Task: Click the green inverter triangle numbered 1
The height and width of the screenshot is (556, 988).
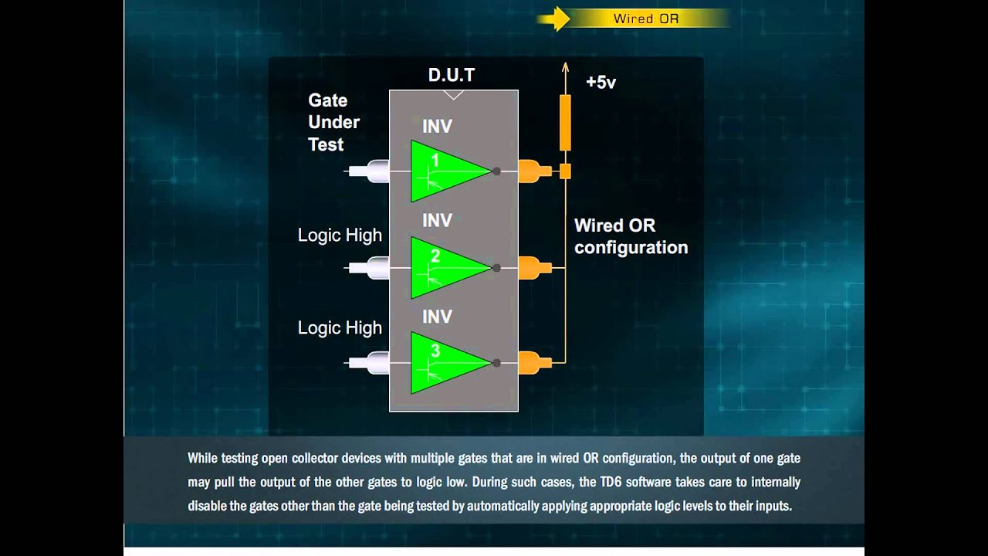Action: point(446,171)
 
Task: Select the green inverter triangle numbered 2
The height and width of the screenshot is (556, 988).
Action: point(446,267)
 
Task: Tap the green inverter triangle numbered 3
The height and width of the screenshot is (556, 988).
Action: point(446,362)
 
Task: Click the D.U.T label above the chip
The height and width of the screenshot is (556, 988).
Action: point(452,75)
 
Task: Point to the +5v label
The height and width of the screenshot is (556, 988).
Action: point(601,82)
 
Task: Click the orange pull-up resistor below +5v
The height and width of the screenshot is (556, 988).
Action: point(565,122)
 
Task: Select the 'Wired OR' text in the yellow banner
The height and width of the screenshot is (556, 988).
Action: point(646,19)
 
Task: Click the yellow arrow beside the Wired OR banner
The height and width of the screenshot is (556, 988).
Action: point(553,19)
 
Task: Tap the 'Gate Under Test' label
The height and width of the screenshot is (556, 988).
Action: point(333,122)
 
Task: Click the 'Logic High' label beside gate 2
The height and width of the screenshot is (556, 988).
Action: point(340,236)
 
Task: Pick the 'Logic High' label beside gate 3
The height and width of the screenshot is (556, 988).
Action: point(340,327)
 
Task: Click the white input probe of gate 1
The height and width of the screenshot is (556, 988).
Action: point(369,171)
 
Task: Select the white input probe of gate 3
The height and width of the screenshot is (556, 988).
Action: point(369,362)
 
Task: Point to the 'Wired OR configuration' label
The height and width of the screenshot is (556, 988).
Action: point(631,236)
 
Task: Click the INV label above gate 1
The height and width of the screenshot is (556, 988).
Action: point(437,126)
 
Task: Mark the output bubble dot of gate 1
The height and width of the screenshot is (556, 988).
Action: point(496,171)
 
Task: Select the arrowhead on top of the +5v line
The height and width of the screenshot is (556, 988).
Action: point(565,67)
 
